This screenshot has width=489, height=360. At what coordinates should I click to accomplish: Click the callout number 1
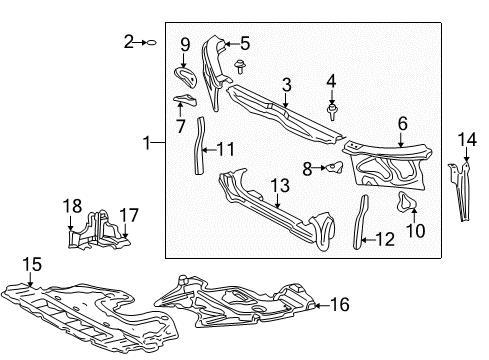click(146, 143)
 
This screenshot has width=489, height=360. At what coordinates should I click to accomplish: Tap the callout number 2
click(129, 41)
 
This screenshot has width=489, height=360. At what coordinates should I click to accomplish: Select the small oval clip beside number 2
click(150, 42)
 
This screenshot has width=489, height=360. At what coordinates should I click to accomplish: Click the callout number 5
click(244, 43)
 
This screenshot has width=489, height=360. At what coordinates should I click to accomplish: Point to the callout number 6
click(402, 124)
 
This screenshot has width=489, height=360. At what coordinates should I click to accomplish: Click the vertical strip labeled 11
click(198, 145)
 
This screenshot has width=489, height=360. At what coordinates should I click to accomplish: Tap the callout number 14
click(467, 139)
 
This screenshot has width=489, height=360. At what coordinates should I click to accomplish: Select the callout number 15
click(32, 265)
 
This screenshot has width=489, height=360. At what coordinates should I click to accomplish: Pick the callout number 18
click(73, 205)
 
